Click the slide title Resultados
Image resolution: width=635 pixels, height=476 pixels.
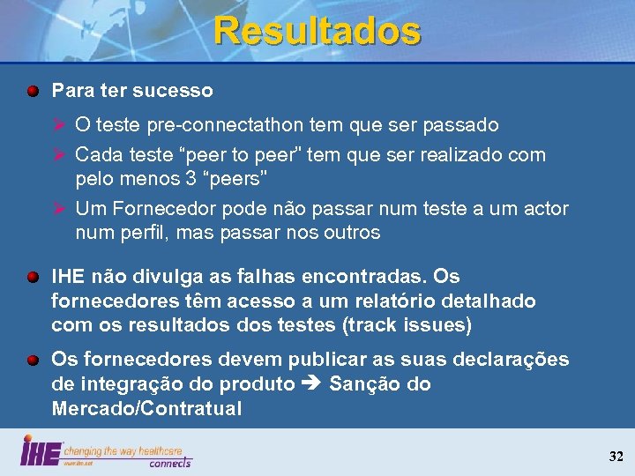pos(317,31)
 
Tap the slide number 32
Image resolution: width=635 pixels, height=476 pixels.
pos(616,456)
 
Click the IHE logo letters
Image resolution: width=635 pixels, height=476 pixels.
pos(41,450)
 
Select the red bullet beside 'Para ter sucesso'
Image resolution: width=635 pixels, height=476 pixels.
pos(33,91)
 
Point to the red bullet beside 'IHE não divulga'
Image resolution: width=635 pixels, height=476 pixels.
pos(33,277)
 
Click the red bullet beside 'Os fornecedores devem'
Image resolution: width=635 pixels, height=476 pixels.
pos(33,360)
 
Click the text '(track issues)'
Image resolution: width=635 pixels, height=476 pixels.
pos(406,325)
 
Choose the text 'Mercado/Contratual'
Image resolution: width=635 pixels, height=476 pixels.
pos(146,409)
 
